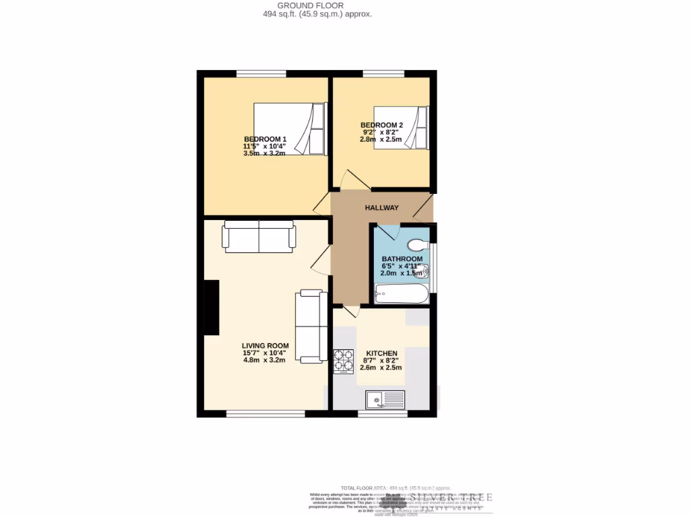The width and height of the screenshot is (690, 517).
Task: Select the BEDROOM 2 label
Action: (381, 125)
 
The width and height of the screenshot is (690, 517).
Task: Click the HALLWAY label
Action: (382, 208)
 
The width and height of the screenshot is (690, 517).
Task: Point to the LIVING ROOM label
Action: (264, 345)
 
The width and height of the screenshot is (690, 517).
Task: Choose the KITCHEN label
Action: (381, 353)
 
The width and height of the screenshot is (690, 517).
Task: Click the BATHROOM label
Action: (402, 259)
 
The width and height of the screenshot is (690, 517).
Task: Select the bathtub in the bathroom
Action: (402, 294)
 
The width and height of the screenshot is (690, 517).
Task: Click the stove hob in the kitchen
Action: (343, 361)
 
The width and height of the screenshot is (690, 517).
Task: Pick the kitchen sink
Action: (385, 401)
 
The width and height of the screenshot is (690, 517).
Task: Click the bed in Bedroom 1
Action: (290, 128)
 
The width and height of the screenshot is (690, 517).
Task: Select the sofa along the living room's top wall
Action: (259, 236)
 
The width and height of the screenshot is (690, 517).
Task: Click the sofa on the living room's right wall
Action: (311, 326)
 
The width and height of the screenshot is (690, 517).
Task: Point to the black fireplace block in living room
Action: (212, 308)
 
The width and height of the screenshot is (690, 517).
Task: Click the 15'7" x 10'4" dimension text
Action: (264, 353)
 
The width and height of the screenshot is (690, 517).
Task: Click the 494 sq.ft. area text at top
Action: (317, 13)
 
